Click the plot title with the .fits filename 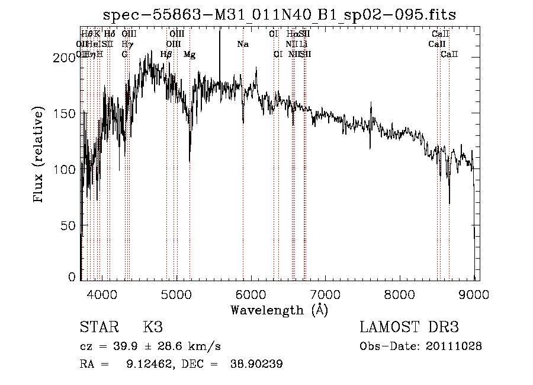(x=279, y=15)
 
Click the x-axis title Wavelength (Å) (x=279, y=309)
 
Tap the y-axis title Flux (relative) (x=40, y=155)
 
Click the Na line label (x=243, y=44)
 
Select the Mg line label (x=190, y=55)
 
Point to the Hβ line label (x=166, y=55)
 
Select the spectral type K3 (x=153, y=327)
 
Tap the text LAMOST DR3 (x=409, y=327)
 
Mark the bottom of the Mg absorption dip (x=190, y=161)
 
